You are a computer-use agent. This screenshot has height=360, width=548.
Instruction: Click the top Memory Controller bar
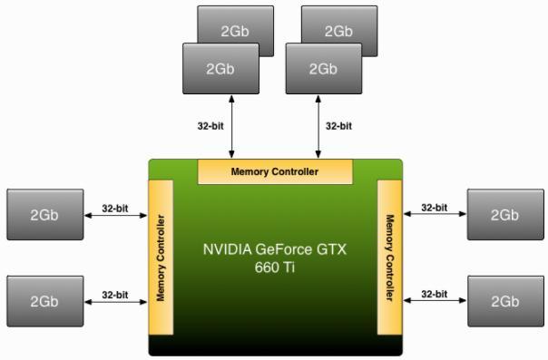(275, 170)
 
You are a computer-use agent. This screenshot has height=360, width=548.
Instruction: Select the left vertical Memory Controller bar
(161, 258)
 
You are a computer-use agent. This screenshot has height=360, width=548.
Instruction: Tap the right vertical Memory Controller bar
(389, 258)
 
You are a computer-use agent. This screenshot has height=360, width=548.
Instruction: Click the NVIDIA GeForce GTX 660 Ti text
(275, 257)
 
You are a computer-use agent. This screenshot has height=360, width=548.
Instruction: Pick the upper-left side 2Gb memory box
(44, 215)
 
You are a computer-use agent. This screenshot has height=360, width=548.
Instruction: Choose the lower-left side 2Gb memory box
(44, 301)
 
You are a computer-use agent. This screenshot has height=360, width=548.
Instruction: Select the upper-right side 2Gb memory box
(504, 215)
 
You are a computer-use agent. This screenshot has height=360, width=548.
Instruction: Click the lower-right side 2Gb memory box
(504, 301)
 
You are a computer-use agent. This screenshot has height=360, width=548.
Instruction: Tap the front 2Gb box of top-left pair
(220, 68)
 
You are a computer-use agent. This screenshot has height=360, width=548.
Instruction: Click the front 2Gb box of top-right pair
(323, 68)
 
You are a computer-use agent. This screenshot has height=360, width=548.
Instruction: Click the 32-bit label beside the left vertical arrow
(210, 126)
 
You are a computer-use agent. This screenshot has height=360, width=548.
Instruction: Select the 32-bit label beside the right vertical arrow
(338, 126)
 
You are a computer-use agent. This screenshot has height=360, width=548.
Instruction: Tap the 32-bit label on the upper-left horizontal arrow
(115, 208)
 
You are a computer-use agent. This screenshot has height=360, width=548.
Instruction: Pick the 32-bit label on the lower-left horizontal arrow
(115, 295)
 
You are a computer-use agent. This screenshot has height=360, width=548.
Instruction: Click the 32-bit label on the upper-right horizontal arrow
(435, 208)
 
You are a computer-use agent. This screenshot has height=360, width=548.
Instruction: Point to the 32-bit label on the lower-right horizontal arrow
(435, 295)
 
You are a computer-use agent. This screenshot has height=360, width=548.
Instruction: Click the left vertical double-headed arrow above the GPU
(232, 126)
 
